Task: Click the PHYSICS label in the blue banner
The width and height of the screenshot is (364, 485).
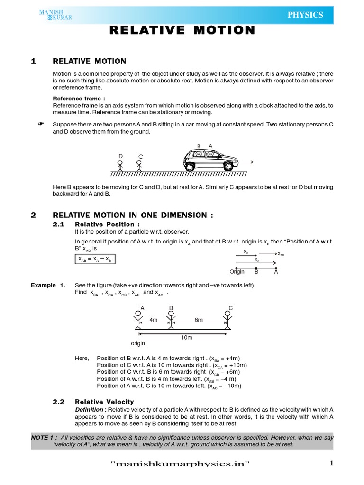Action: (x=305, y=15)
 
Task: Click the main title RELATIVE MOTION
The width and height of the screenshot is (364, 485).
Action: (x=182, y=31)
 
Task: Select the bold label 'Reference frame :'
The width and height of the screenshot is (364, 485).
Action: (x=79, y=99)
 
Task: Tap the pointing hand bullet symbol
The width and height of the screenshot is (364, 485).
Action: (x=40, y=124)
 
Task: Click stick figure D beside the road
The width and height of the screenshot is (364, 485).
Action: (x=120, y=164)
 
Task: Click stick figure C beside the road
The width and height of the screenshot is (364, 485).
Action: (x=139, y=164)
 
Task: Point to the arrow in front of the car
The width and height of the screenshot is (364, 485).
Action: (x=247, y=162)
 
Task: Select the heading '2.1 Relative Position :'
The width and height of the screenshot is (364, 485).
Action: (x=96, y=224)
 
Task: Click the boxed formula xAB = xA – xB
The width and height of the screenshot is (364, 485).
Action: (x=95, y=260)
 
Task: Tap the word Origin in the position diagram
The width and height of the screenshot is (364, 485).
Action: (x=237, y=272)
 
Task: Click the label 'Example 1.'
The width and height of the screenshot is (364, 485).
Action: (x=48, y=285)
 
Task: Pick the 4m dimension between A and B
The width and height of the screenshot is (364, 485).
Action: (x=154, y=320)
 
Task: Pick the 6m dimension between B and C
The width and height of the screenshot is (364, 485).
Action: (x=199, y=320)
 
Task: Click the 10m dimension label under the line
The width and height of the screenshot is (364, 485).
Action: (x=187, y=337)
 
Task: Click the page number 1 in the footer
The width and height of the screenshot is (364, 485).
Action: (x=332, y=464)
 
